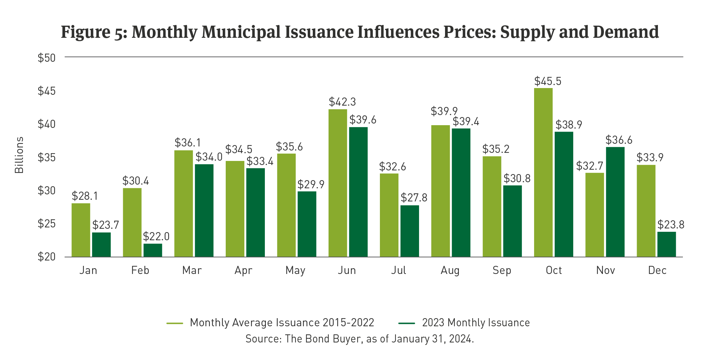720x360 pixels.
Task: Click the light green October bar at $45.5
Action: pyautogui.click(x=543, y=172)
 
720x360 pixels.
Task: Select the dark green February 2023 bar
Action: pyautogui.click(x=153, y=250)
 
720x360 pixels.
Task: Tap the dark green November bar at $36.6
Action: pyautogui.click(x=615, y=202)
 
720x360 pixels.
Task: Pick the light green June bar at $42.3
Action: pyautogui.click(x=338, y=183)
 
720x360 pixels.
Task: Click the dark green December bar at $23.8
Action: pyautogui.click(x=666, y=244)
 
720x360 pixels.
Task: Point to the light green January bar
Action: pyautogui.click(x=81, y=230)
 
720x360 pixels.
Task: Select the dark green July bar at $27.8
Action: pyautogui.click(x=410, y=231)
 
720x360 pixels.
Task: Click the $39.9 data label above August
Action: pyautogui.click(x=444, y=111)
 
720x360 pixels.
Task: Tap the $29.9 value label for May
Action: pyautogui.click(x=311, y=185)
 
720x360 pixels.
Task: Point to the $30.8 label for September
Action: pyautogui.click(x=517, y=178)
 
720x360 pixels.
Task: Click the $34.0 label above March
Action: pyautogui.click(x=209, y=157)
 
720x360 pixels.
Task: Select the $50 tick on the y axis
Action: pyautogui.click(x=47, y=58)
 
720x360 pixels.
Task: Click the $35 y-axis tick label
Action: pyautogui.click(x=47, y=158)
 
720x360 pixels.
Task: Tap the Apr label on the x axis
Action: pyautogui.click(x=243, y=270)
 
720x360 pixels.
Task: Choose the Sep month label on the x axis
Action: pyautogui.click(x=502, y=270)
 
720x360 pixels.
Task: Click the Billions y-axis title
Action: pyautogui.click(x=19, y=155)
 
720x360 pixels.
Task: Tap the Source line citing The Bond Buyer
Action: pyautogui.click(x=360, y=339)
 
